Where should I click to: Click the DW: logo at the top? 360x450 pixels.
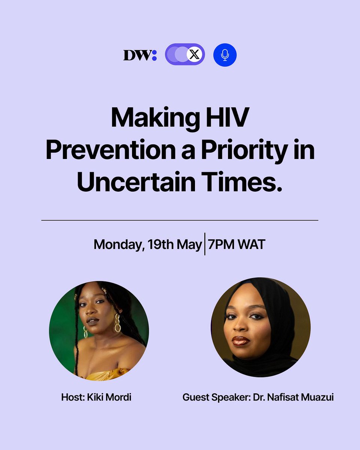coord(140,55)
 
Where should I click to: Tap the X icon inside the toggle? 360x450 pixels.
coord(194,55)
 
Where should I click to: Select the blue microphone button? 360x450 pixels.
coord(225,55)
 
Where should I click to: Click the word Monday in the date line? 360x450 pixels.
coord(116,244)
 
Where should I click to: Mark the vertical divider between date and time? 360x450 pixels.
coord(205,244)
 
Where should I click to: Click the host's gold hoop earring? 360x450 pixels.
coord(117,324)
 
